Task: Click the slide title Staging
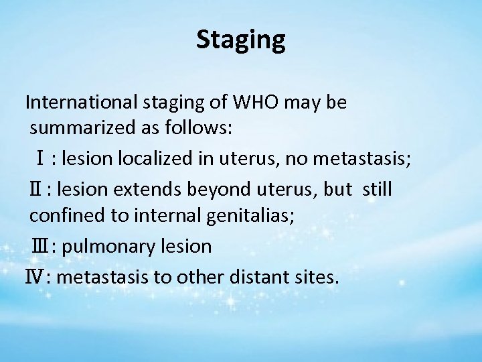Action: coord(241,40)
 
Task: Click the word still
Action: coord(378,190)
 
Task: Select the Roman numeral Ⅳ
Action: coord(33,276)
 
